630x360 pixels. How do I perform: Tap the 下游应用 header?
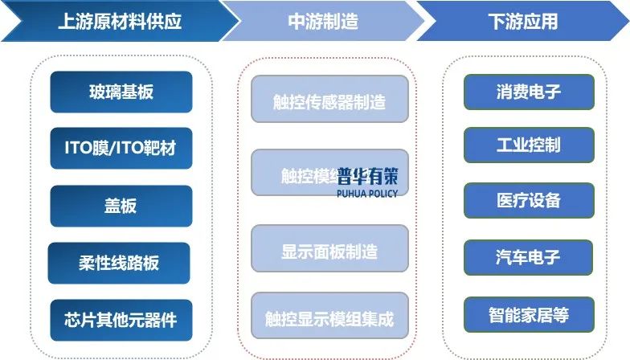pyautogui.click(x=522, y=21)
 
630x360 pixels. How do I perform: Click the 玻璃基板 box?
pyautogui.click(x=121, y=92)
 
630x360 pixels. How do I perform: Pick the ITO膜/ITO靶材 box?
pyautogui.click(x=121, y=148)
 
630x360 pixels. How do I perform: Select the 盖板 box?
pyautogui.click(x=121, y=206)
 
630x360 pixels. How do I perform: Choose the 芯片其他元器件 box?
pyautogui.click(x=121, y=320)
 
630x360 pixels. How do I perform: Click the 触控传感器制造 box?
pyautogui.click(x=329, y=102)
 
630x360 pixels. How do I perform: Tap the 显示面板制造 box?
pyautogui.click(x=329, y=251)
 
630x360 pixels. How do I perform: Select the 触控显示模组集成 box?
pyautogui.click(x=329, y=319)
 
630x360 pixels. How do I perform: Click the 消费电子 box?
pyautogui.click(x=529, y=92)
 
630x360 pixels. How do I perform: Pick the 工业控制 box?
pyautogui.click(x=529, y=145)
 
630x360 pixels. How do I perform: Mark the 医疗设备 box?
pyautogui.click(x=529, y=200)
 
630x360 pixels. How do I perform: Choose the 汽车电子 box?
pyautogui.click(x=529, y=257)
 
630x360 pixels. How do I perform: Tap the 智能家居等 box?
pyautogui.click(x=529, y=314)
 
